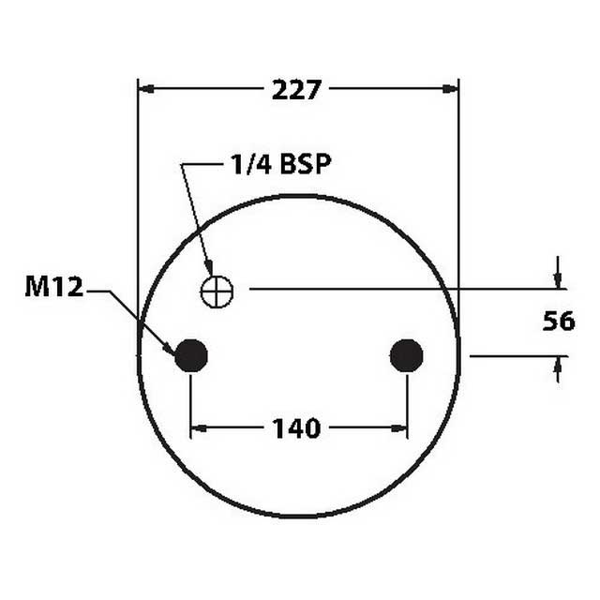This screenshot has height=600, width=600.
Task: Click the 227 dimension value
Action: point(297,90)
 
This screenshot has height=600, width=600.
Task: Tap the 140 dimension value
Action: point(297,429)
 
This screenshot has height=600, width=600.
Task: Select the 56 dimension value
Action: point(559,322)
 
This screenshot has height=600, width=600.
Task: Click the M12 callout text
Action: point(54,288)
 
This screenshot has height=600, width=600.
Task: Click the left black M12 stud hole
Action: point(191,355)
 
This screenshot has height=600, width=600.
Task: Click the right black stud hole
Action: point(406,355)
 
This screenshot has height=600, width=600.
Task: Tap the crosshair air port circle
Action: point(217,292)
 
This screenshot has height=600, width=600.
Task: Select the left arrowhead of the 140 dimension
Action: point(198,429)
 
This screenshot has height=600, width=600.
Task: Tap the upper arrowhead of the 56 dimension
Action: point(558,280)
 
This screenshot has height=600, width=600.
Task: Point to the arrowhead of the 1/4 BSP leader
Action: point(210,273)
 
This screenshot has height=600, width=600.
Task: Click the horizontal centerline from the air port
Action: point(394,289)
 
